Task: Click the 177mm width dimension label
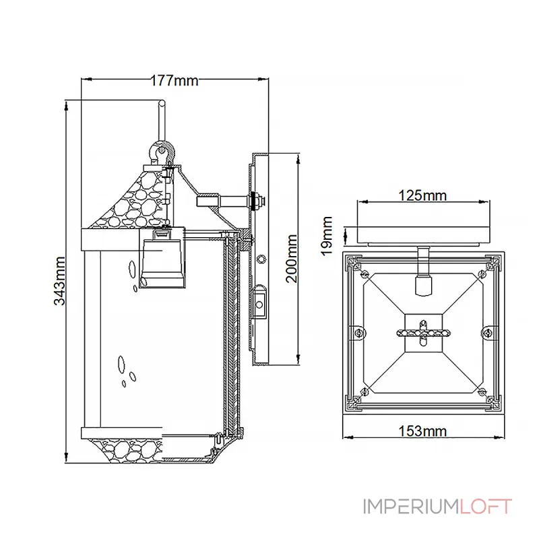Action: click(175, 81)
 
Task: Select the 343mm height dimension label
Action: click(60, 281)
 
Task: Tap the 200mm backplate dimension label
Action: click(292, 259)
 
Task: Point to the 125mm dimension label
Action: click(422, 195)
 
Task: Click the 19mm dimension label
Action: click(327, 236)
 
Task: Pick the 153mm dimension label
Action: click(422, 431)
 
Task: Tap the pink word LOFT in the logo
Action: click(486, 507)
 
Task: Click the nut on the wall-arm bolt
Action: click(257, 201)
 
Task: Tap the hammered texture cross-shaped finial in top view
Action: click(423, 333)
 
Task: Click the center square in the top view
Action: click(423, 333)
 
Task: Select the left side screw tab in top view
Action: click(358, 333)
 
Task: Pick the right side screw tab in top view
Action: click(487, 332)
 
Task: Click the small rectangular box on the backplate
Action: click(259, 305)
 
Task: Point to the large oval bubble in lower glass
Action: click(121, 364)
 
